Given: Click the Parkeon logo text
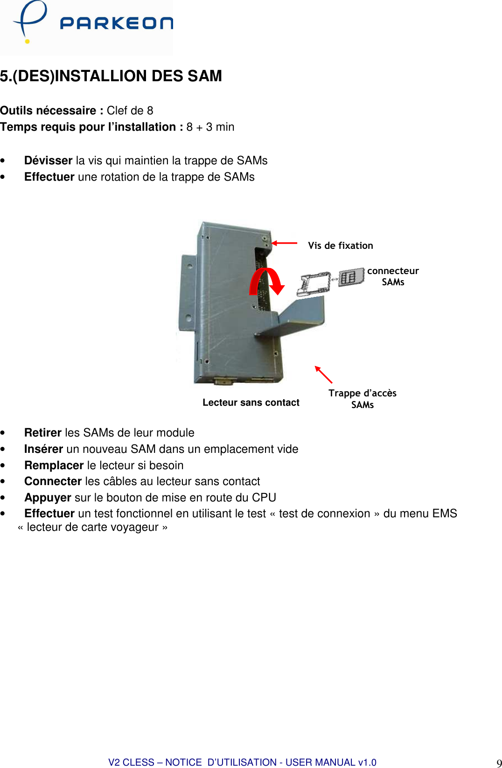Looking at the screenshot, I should point(116,23).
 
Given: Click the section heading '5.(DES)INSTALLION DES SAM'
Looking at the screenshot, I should point(111,76).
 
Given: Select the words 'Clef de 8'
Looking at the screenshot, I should point(130,111).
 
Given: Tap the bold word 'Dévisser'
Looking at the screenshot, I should point(48,161).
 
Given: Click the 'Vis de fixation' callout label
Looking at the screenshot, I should point(341,246).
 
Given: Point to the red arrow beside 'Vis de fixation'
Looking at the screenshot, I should point(285,243).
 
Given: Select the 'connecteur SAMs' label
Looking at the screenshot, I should point(393,276).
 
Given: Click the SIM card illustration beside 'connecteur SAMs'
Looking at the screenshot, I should point(351,277).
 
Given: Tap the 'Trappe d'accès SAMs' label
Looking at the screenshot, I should point(363,399).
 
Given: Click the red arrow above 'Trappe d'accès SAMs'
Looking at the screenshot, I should point(323,374).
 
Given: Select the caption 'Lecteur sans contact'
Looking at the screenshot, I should point(251,402).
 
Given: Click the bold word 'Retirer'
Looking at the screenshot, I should point(43,433).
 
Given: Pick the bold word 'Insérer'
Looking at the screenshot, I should point(43,449).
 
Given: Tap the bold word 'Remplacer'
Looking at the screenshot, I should point(54,465).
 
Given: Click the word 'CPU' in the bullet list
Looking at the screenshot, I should point(264,498).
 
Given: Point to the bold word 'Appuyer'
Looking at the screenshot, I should point(48,498).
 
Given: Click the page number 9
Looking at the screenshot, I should point(499,763).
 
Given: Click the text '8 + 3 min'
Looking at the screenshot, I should point(210,127).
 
